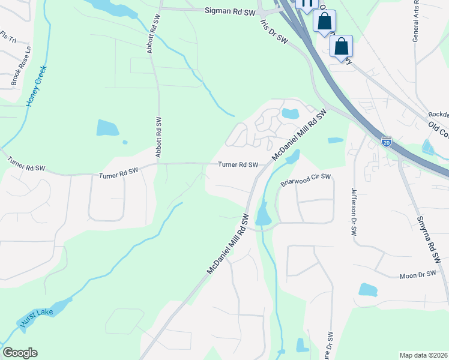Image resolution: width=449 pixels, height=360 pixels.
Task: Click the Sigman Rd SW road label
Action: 230,11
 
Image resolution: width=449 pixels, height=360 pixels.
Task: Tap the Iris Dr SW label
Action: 274,31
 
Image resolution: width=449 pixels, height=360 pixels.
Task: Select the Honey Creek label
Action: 36,86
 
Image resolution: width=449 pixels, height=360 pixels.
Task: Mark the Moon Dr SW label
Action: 417,275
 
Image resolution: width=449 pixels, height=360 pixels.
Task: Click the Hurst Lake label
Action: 37,318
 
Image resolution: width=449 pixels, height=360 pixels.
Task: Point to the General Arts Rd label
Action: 415,21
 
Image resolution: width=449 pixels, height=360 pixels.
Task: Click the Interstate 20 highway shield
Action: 387,142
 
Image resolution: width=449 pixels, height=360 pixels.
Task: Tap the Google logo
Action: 20,353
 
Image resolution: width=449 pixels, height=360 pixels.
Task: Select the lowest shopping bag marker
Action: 341,47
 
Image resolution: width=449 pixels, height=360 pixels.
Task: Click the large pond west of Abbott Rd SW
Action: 107,127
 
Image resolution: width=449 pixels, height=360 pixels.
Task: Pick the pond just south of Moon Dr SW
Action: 367,290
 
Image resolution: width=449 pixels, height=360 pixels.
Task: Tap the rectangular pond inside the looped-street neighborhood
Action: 291,113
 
